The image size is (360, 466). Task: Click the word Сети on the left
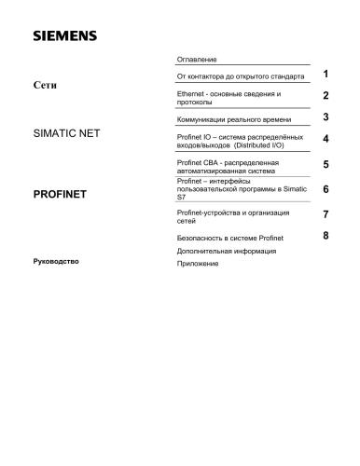click(x=45, y=85)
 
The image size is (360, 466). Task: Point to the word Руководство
click(x=55, y=262)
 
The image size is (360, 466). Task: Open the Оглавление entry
click(x=197, y=59)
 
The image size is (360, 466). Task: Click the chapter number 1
click(x=325, y=73)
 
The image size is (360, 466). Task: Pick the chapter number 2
click(x=325, y=95)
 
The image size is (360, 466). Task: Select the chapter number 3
click(x=325, y=117)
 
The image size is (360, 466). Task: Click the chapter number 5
click(x=325, y=165)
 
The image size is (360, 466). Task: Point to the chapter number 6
click(x=325, y=188)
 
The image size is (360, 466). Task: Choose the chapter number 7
click(x=325, y=214)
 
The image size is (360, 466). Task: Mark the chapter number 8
click(x=325, y=235)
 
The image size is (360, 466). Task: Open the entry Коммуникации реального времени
click(x=232, y=121)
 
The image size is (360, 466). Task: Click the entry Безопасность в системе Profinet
click(x=230, y=239)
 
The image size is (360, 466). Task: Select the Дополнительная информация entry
click(x=225, y=252)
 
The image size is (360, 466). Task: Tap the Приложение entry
click(x=197, y=265)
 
